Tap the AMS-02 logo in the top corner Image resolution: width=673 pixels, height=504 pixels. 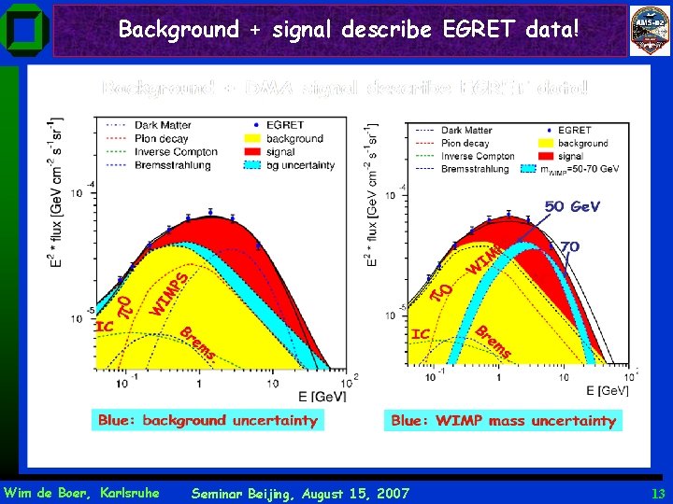pyautogui.click(x=649, y=29)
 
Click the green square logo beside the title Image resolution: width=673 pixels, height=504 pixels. pyautogui.click(x=23, y=30)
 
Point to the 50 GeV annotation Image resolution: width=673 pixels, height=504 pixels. pyautogui.click(x=572, y=206)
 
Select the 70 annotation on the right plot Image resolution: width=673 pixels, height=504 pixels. pyautogui.click(x=570, y=246)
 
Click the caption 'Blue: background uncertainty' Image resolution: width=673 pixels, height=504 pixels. pyautogui.click(x=208, y=421)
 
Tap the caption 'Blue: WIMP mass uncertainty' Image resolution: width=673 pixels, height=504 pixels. pyautogui.click(x=503, y=421)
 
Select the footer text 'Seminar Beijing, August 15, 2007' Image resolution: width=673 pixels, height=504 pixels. pyautogui.click(x=299, y=493)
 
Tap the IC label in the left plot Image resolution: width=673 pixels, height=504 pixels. pyautogui.click(x=106, y=327)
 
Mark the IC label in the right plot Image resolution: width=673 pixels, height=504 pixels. pyautogui.click(x=421, y=333)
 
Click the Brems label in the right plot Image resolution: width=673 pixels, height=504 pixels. pyautogui.click(x=494, y=342)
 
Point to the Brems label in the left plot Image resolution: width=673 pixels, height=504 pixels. pyautogui.click(x=198, y=343)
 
